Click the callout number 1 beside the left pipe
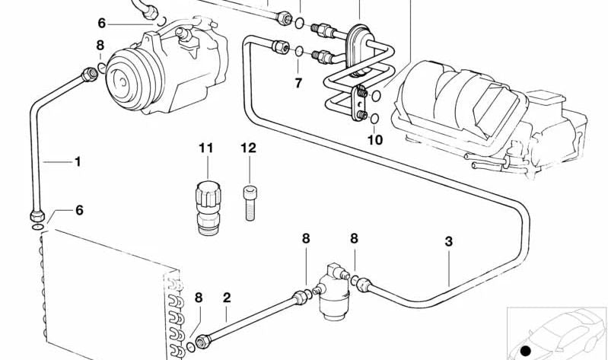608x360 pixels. pyautogui.click(x=76, y=161)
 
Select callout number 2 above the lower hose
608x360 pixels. pyautogui.click(x=226, y=297)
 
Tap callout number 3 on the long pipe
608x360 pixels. pyautogui.click(x=449, y=241)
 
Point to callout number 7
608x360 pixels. pyautogui.click(x=298, y=82)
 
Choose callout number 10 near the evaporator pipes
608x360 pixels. pyautogui.click(x=374, y=140)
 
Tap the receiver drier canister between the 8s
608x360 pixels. pyautogui.click(x=329, y=293)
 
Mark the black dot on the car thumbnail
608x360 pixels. pyautogui.click(x=525, y=350)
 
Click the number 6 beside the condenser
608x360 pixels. pyautogui.click(x=79, y=211)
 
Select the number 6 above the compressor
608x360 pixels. pyautogui.click(x=101, y=24)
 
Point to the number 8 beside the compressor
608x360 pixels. pyautogui.click(x=100, y=46)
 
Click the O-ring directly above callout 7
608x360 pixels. pyautogui.click(x=299, y=52)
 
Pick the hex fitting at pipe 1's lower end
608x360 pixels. pyautogui.click(x=36, y=213)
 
